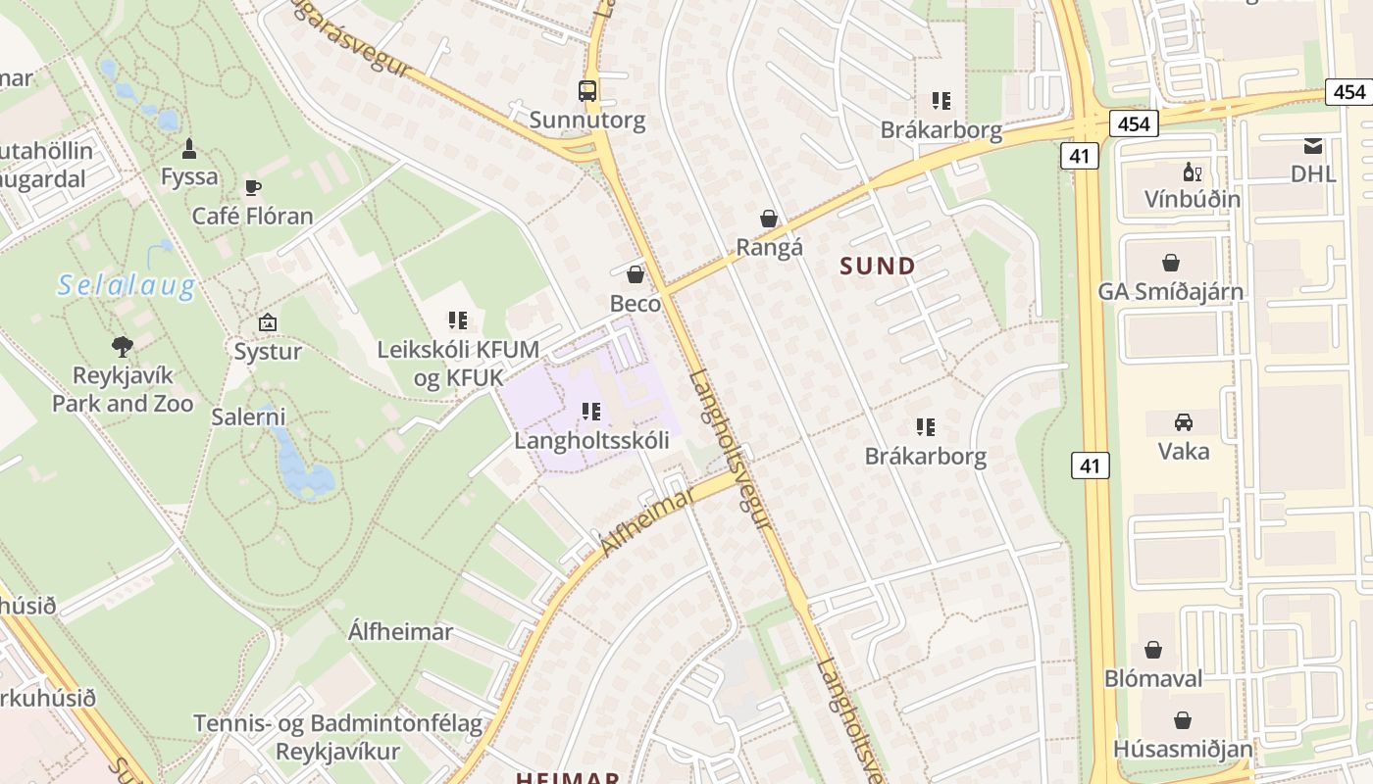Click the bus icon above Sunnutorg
click(x=586, y=91)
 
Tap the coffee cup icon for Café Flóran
click(x=253, y=187)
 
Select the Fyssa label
click(x=189, y=177)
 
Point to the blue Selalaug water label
click(x=127, y=285)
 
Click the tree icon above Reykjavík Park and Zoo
click(x=123, y=346)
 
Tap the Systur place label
click(x=267, y=351)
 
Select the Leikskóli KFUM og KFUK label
click(x=458, y=364)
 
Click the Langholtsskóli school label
click(x=591, y=440)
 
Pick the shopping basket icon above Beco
click(x=636, y=274)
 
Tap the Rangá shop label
click(x=769, y=247)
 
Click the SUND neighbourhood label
click(x=878, y=266)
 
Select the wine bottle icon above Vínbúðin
click(x=1192, y=172)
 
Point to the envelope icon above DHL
click(x=1313, y=147)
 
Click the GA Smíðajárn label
click(x=1170, y=291)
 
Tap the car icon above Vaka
click(x=1184, y=422)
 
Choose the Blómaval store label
click(x=1153, y=678)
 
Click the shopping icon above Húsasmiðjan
click(x=1183, y=720)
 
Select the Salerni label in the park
click(x=248, y=416)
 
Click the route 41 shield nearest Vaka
click(x=1090, y=465)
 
